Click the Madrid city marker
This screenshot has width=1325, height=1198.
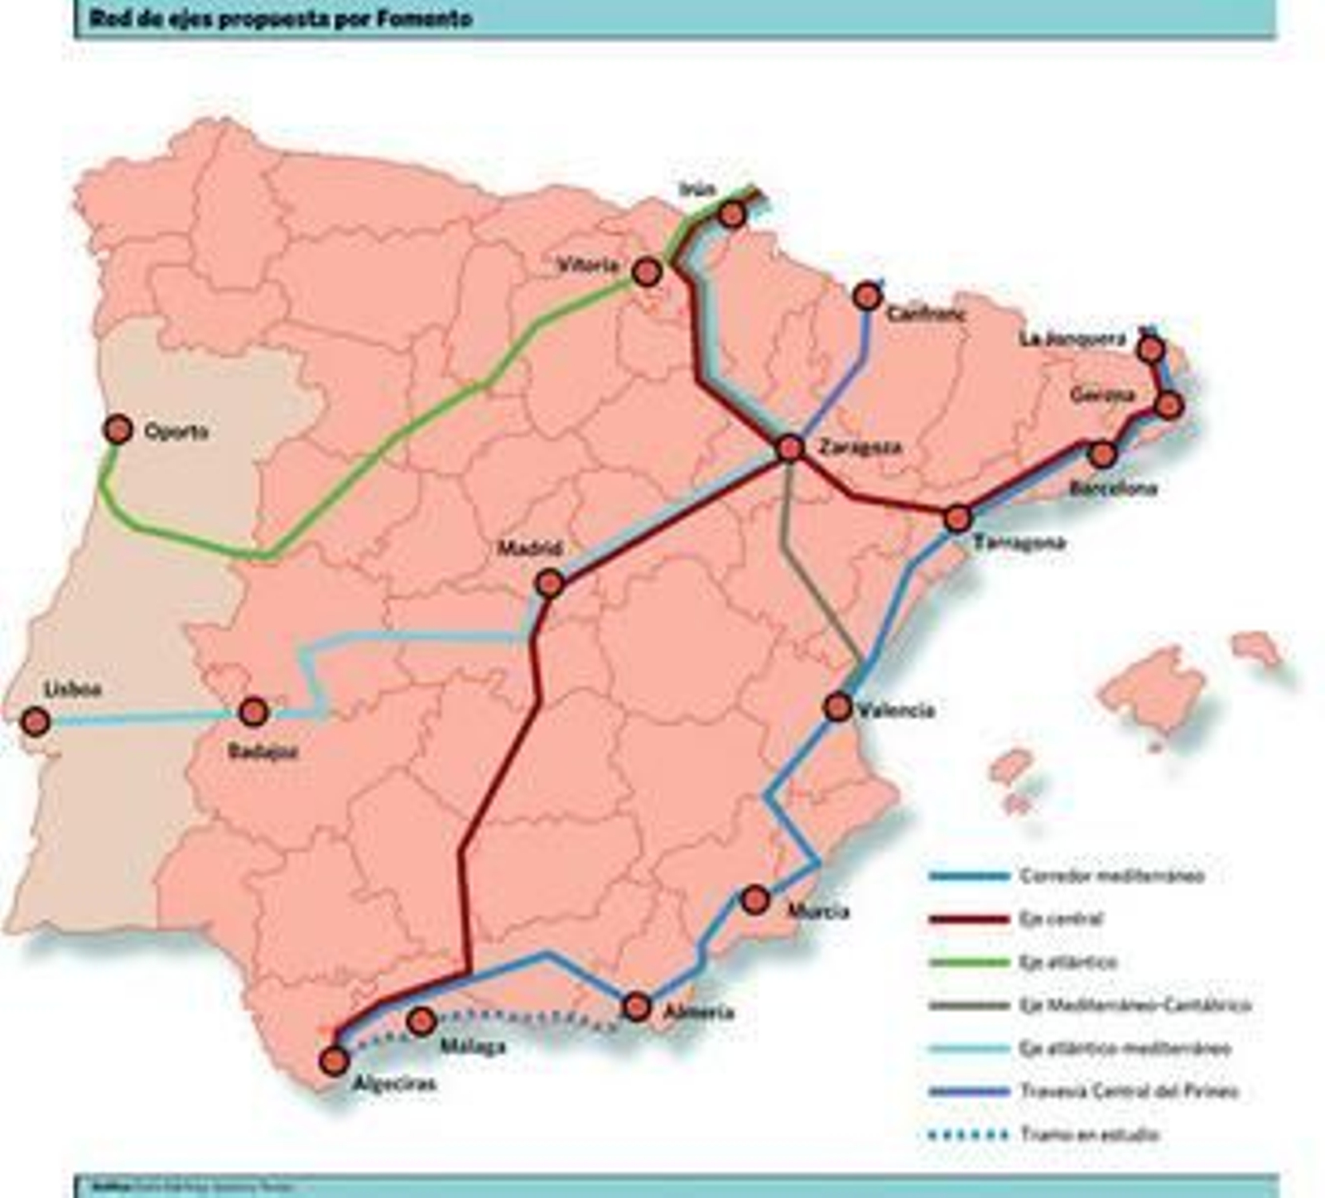tap(550, 584)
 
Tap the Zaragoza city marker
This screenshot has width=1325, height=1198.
tap(791, 448)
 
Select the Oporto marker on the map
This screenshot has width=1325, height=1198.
tap(118, 430)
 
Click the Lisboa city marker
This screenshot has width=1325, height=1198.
tap(36, 721)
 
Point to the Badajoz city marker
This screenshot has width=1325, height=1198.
tap(253, 711)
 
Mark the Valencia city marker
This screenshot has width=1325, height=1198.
tap(838, 707)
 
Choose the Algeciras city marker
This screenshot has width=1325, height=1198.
tap(335, 1061)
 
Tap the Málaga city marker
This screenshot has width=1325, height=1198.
tap(422, 1022)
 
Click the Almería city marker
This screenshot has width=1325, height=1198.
tap(637, 1007)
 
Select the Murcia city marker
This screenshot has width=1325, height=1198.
tap(755, 900)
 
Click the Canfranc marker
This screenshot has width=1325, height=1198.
tap(867, 296)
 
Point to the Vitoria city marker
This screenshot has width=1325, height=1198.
tap(647, 272)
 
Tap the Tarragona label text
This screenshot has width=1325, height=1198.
tap(1019, 543)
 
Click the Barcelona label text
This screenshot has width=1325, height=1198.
tap(1112, 488)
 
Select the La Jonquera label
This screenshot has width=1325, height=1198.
tap(1072, 339)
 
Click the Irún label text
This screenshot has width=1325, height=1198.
tap(696, 190)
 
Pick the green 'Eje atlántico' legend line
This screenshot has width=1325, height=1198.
tap(969, 962)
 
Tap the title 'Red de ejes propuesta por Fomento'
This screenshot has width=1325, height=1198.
tap(281, 18)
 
